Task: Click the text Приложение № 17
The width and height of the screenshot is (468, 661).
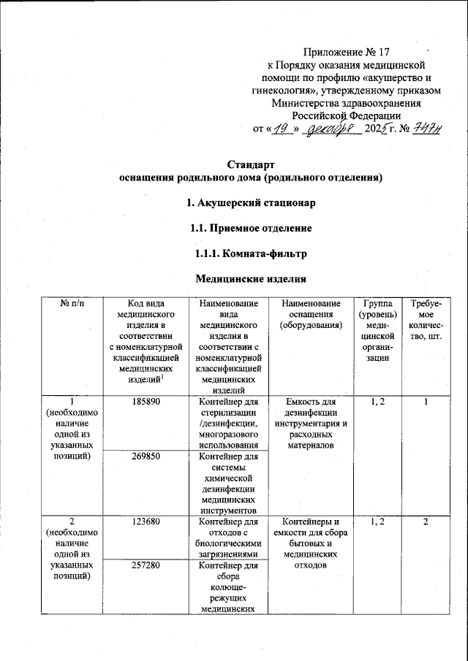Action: tap(347, 52)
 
